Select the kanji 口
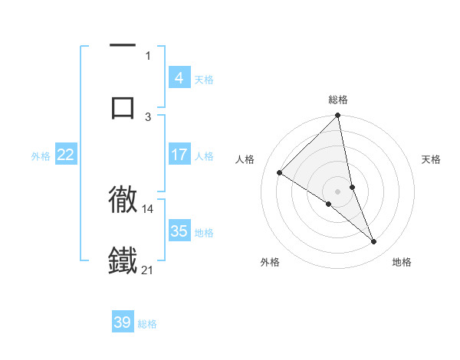tap(123, 106)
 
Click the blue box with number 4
tap(179, 78)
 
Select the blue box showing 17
tap(179, 155)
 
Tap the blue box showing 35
tap(179, 231)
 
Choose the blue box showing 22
tap(66, 155)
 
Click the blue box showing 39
tap(123, 322)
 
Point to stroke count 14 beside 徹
tap(148, 208)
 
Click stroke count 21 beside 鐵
tap(148, 270)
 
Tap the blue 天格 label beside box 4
tap(204, 79)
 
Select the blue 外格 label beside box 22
tap(41, 155)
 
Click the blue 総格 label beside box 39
tap(147, 323)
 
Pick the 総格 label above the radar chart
tap(338, 100)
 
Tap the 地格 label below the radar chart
tap(402, 262)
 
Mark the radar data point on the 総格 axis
tap(338, 116)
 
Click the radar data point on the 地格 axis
tap(374, 242)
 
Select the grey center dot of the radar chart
tap(338, 191)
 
